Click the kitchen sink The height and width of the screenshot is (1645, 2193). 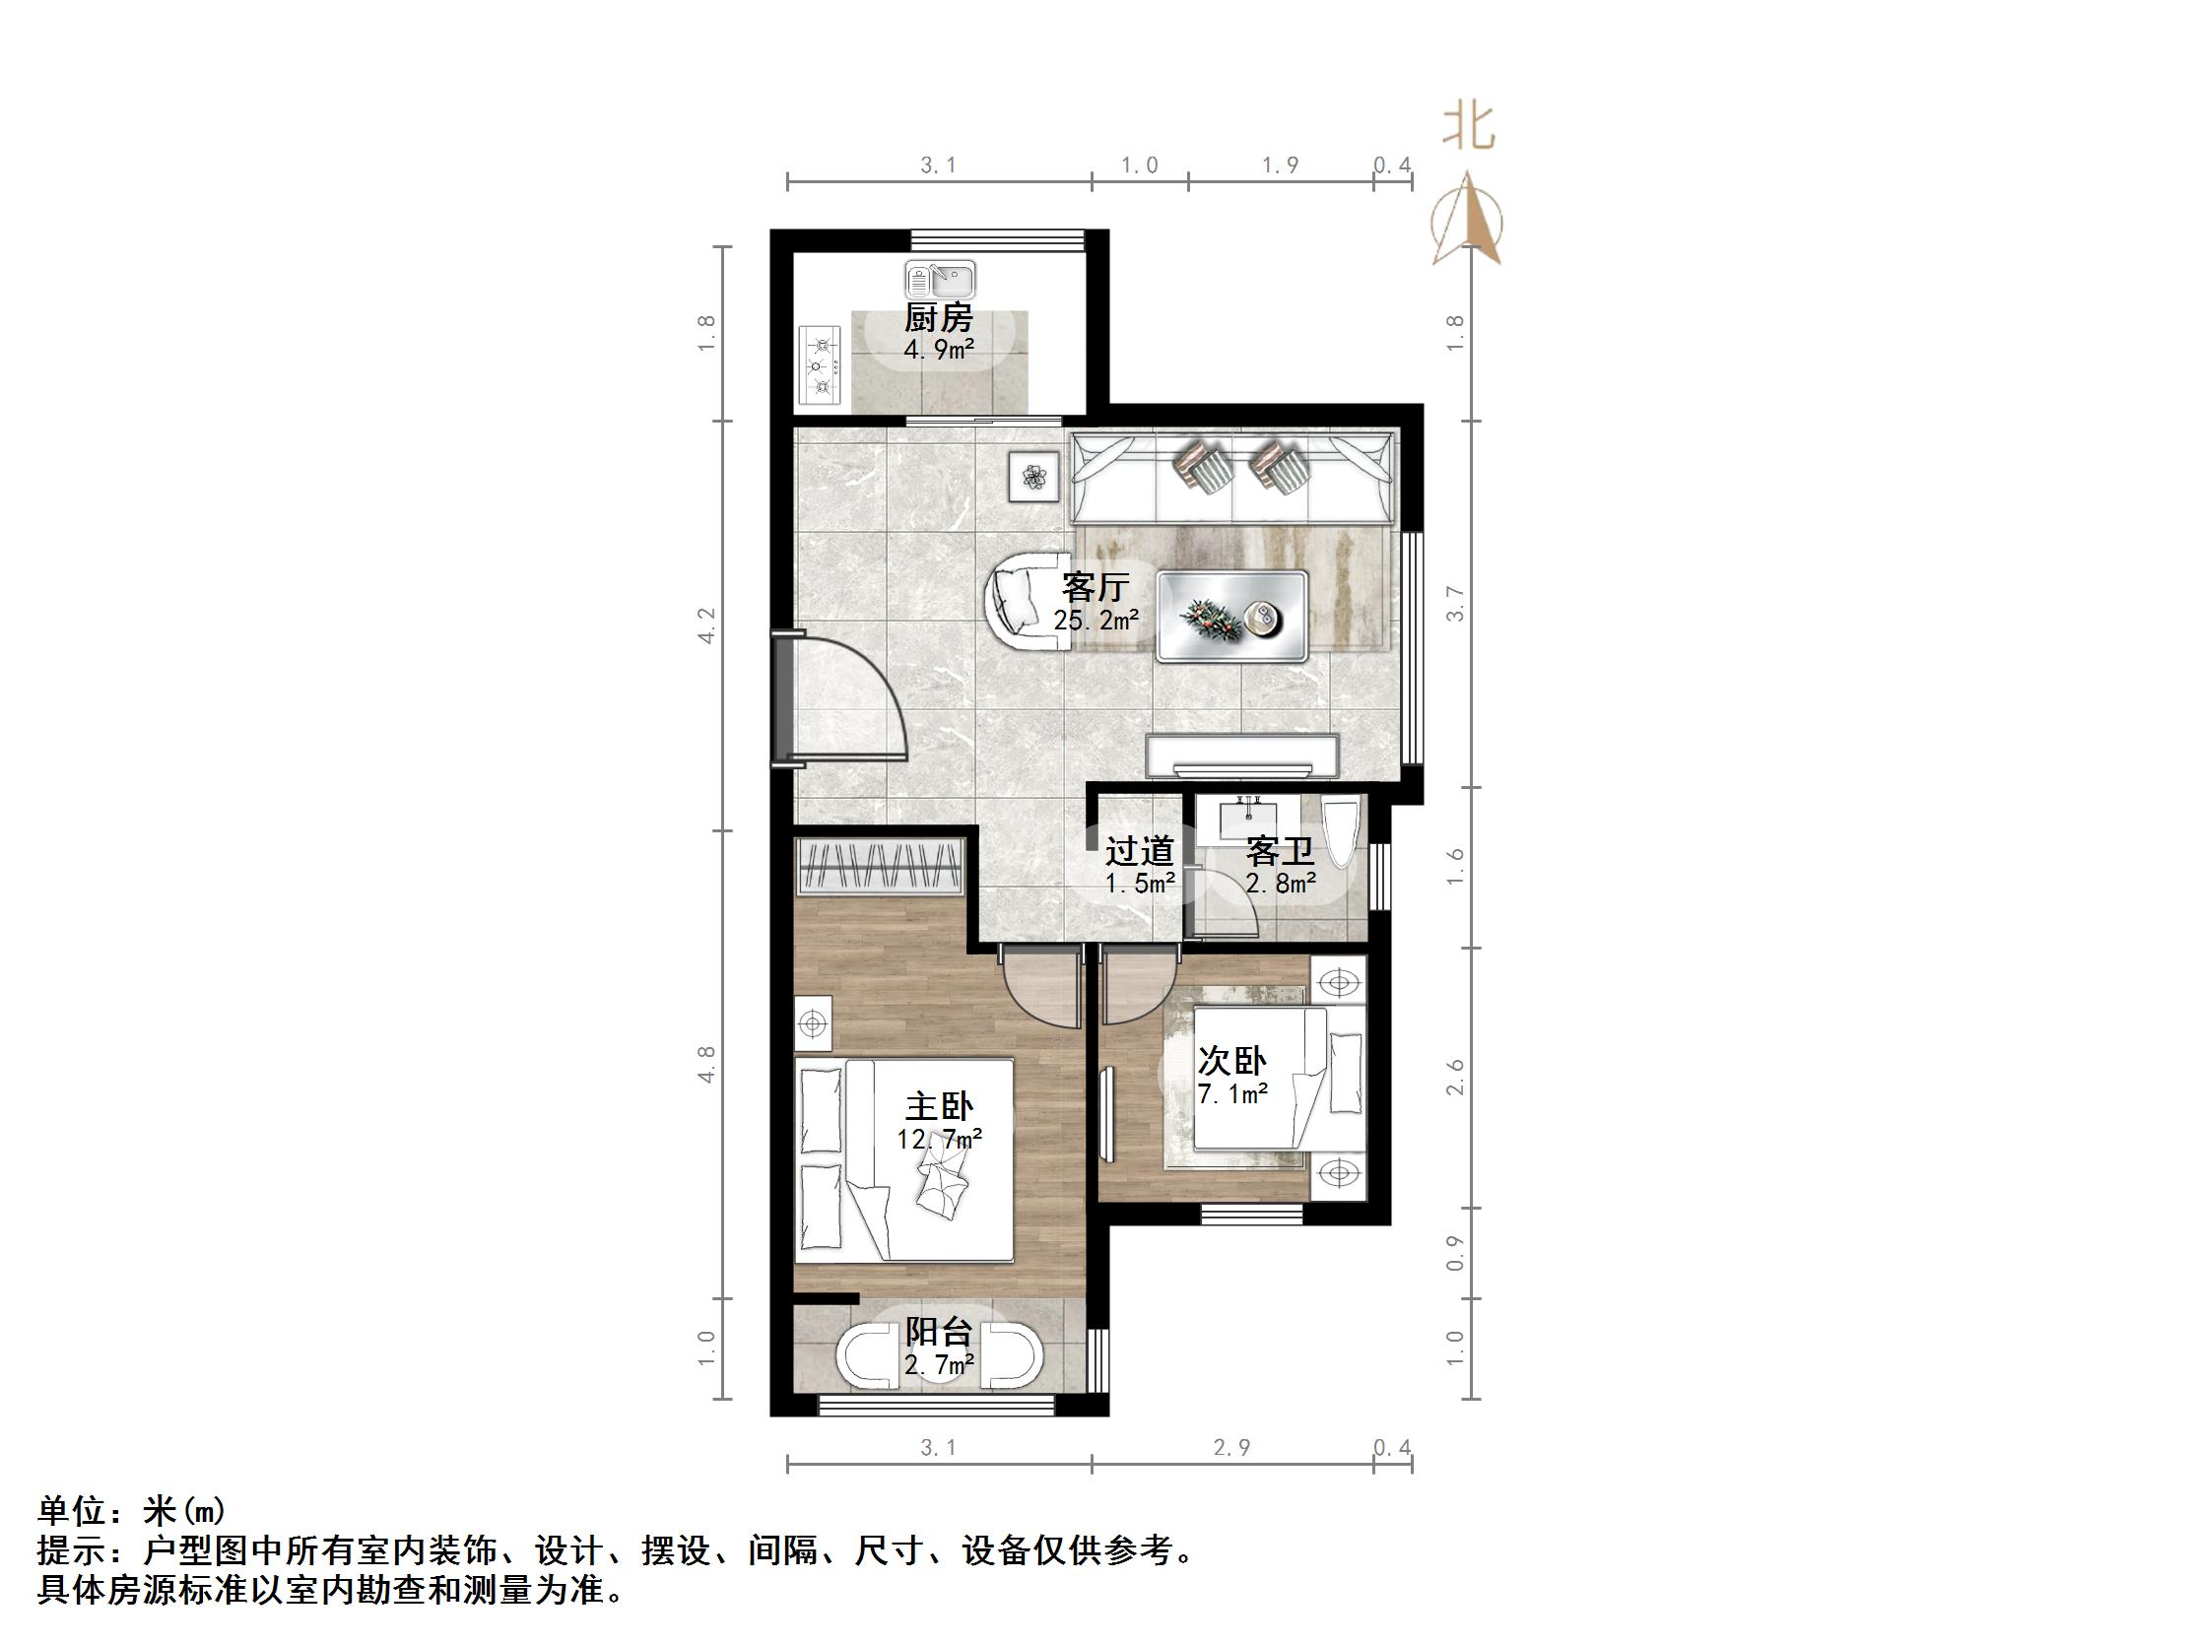pyautogui.click(x=940, y=281)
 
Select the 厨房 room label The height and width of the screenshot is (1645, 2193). pyautogui.click(x=938, y=319)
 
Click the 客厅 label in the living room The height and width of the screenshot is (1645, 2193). pyautogui.click(x=1095, y=587)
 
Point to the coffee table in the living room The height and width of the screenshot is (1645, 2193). pyautogui.click(x=1232, y=616)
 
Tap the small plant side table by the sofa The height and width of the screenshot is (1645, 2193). pyautogui.click(x=1035, y=476)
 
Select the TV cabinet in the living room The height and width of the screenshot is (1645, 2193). pyautogui.click(x=1242, y=756)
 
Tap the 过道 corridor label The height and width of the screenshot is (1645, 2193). pyautogui.click(x=1140, y=852)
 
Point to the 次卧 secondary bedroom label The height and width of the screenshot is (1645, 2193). pyautogui.click(x=1232, y=1061)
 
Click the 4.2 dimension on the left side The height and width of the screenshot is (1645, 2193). pyautogui.click(x=706, y=625)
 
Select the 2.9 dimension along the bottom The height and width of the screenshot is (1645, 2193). pyautogui.click(x=1231, y=1448)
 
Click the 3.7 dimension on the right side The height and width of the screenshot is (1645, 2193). pyautogui.click(x=1454, y=604)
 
